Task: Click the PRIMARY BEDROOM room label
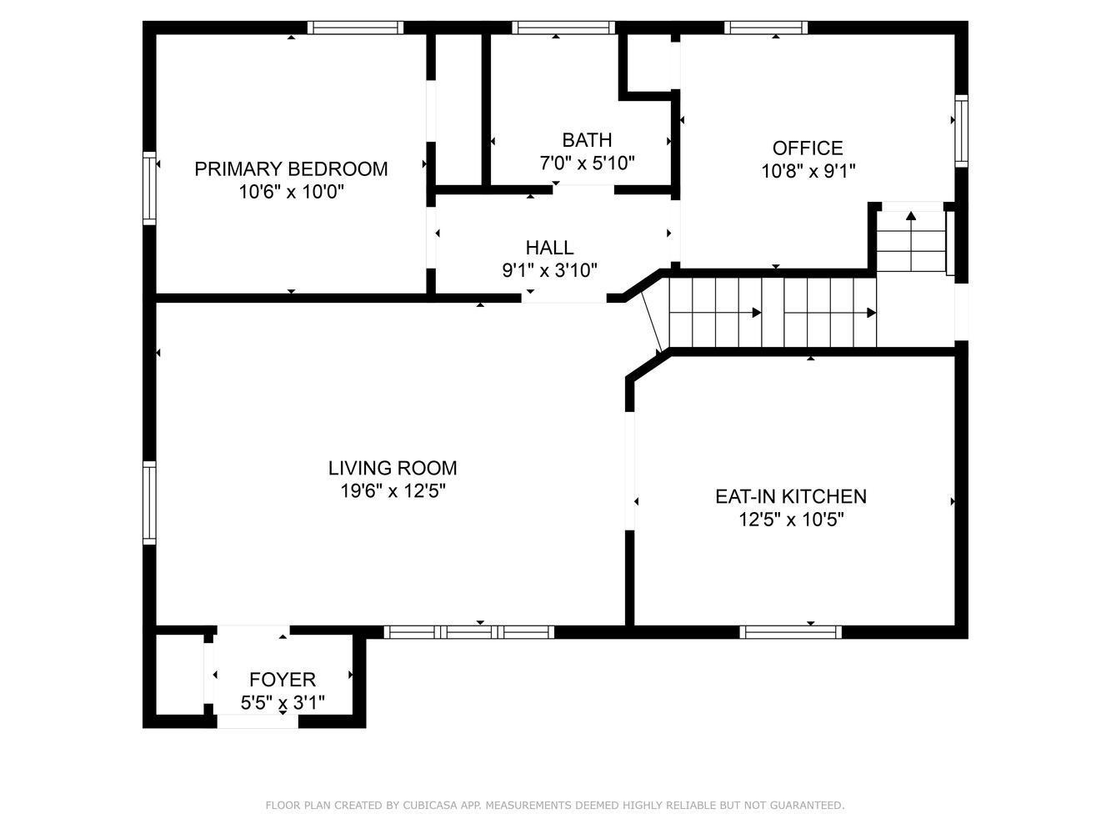(291, 168)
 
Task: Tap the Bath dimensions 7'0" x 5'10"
(587, 163)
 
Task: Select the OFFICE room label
(808, 148)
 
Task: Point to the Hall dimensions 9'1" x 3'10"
(550, 270)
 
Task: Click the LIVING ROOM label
(393, 468)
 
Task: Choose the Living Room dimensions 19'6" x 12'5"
(393, 490)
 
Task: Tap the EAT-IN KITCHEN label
(791, 496)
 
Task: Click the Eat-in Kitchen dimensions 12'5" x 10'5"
(792, 520)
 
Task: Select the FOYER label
(283, 679)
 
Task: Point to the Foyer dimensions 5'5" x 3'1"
(283, 702)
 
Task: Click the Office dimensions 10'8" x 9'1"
(808, 171)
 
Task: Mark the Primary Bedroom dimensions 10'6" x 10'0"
(292, 192)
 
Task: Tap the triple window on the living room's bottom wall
(469, 632)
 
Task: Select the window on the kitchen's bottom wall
(791, 632)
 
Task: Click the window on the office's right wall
(961, 131)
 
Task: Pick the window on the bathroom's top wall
(563, 28)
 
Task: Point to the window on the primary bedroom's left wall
(149, 188)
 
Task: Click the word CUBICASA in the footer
(430, 805)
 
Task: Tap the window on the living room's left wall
(149, 502)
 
